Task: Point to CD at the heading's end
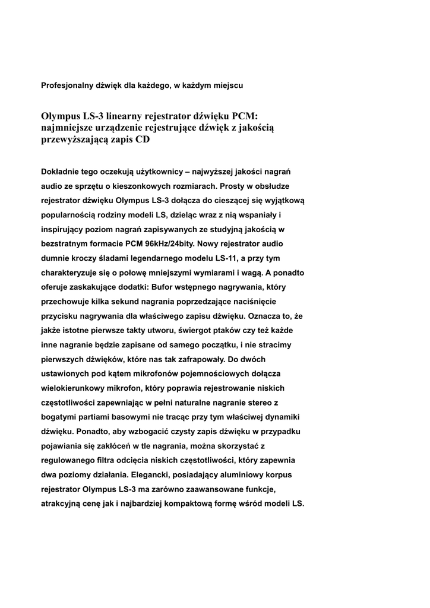143,140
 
